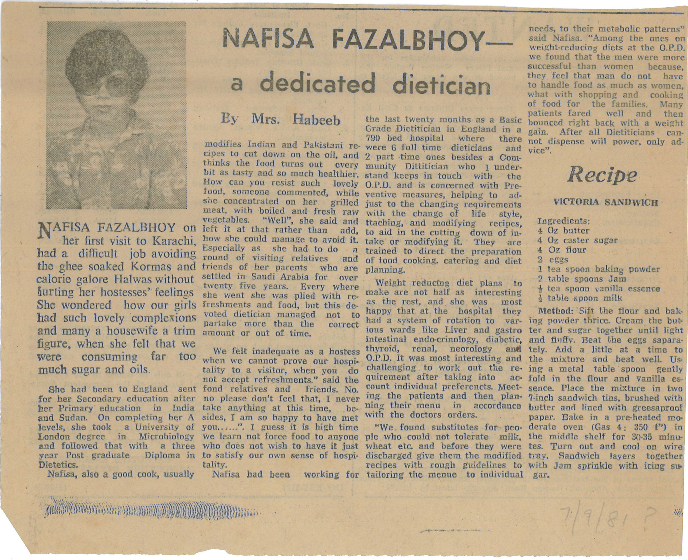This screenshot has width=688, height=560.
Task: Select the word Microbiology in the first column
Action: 166,436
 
